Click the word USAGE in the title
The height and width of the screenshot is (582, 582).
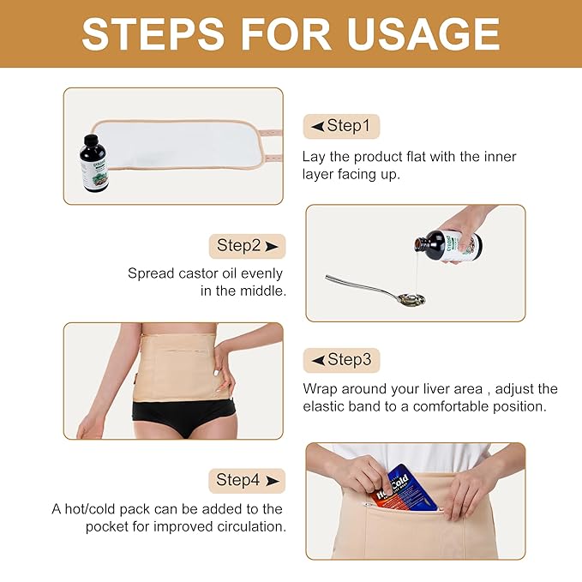point(423,33)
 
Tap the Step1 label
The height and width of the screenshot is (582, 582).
point(341,126)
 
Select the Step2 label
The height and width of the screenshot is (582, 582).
point(247,246)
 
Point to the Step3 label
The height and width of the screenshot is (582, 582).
point(341,360)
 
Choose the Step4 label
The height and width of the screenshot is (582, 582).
point(247,481)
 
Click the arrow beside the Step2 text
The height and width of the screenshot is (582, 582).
point(272,247)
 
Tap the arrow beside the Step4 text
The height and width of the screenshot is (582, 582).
point(273,481)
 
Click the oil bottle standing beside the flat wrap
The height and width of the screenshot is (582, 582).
point(93,164)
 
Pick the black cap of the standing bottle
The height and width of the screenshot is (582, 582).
point(91,141)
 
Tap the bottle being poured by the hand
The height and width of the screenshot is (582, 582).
point(448,246)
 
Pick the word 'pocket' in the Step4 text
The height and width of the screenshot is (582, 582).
point(108,527)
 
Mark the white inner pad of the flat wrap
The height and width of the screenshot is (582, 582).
point(175,144)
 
